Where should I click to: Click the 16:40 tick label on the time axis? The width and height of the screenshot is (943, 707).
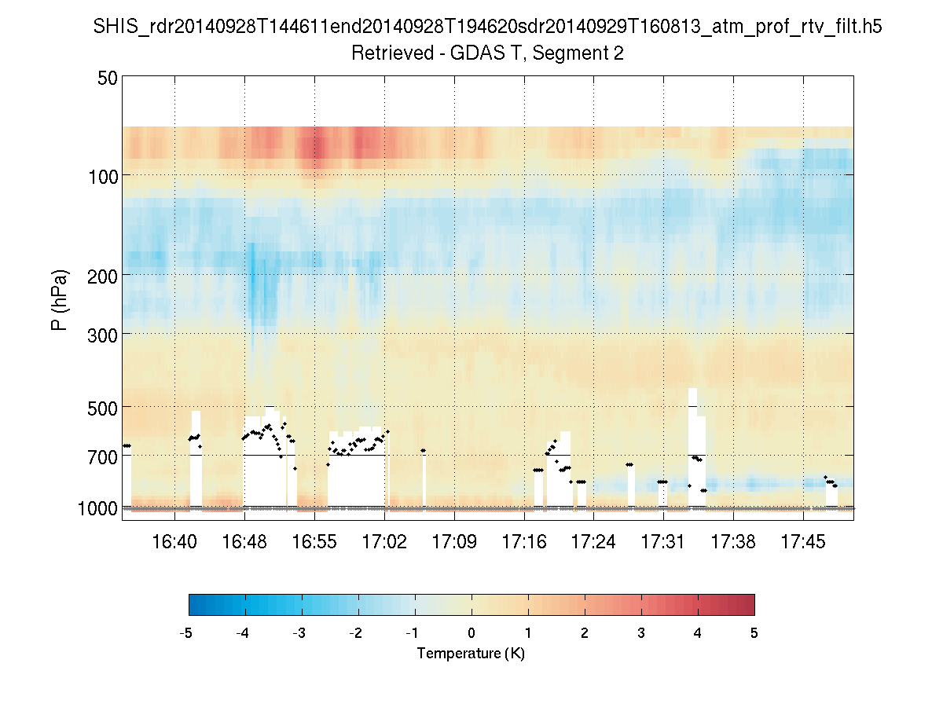coord(174,542)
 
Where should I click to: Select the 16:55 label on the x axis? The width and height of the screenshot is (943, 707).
coord(314,542)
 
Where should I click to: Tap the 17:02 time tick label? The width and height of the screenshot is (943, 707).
coord(384,542)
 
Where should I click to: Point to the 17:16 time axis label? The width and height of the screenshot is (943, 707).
coord(524,542)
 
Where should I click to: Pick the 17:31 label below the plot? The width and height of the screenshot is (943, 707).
coord(663,542)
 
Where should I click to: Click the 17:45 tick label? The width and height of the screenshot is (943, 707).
coord(803,542)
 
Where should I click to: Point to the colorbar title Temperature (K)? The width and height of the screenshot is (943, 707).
coord(471,654)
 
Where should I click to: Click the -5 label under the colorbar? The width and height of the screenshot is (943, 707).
coord(186,633)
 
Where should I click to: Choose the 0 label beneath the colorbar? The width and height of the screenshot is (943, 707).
coord(472,633)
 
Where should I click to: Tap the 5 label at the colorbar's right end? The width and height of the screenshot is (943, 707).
coord(754,633)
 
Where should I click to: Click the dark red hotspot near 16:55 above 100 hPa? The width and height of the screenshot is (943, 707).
coord(316,148)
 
